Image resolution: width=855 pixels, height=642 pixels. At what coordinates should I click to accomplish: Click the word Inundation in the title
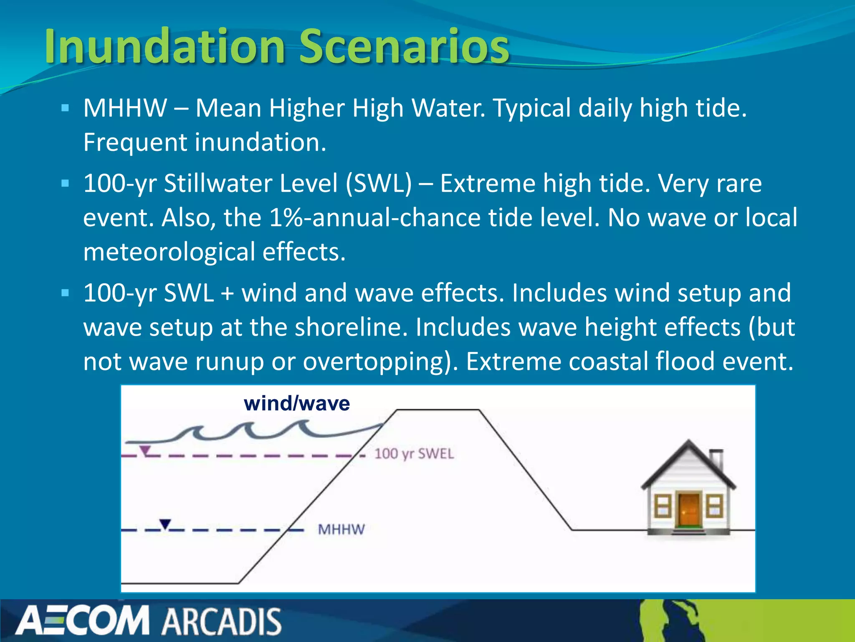click(x=165, y=46)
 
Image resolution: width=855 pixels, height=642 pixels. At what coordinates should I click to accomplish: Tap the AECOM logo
click(x=83, y=621)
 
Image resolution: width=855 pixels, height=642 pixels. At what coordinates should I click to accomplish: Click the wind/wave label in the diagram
click(x=297, y=404)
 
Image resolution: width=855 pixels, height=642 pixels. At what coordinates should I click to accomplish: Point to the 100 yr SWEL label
click(x=414, y=454)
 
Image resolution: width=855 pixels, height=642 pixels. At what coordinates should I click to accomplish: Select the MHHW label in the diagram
click(x=341, y=530)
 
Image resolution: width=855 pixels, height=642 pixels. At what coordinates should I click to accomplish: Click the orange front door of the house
click(x=689, y=510)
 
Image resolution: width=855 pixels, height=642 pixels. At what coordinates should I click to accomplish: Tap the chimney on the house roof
click(x=717, y=458)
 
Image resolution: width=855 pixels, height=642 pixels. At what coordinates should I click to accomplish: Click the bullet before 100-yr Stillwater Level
click(x=65, y=183)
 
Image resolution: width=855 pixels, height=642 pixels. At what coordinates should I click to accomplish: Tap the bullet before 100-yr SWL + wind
click(x=65, y=293)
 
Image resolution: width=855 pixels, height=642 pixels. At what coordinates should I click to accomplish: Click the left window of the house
click(x=662, y=506)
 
